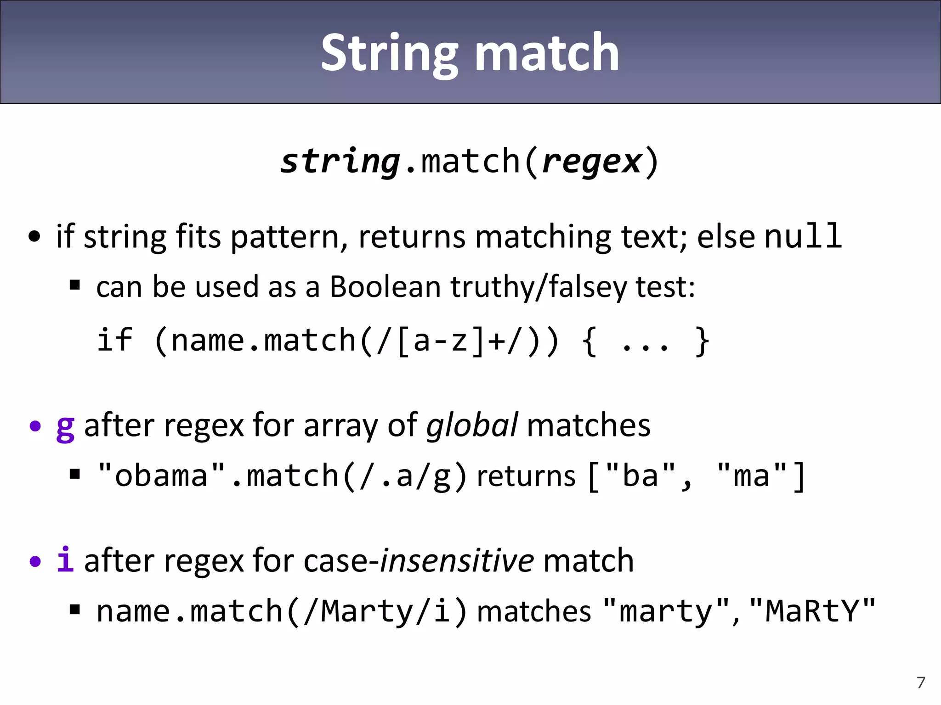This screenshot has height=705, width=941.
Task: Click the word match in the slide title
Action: [x=547, y=53]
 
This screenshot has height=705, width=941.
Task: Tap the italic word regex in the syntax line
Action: [x=592, y=162]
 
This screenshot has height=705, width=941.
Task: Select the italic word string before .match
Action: [x=340, y=162]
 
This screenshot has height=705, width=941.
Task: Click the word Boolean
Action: [x=385, y=287]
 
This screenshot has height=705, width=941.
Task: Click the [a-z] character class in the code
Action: [x=441, y=341]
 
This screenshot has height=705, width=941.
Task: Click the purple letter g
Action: [x=65, y=427]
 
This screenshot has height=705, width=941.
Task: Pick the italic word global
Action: [x=472, y=425]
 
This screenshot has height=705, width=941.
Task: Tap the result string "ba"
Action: [x=641, y=475]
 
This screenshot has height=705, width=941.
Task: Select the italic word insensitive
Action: [x=457, y=561]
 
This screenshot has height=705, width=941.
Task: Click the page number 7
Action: [x=920, y=683]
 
